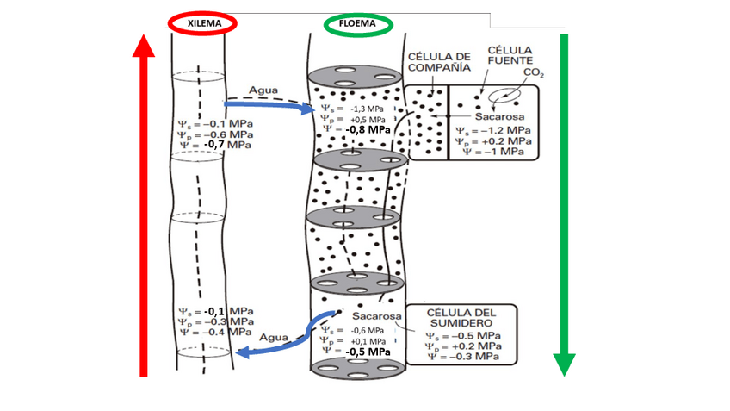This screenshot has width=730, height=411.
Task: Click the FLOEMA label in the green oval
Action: coord(358,24)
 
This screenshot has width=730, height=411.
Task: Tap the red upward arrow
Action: coord(145,207)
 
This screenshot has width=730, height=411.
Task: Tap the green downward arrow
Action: coord(564,207)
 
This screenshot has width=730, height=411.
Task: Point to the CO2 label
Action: coord(534,74)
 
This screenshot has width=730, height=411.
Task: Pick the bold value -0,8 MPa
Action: coord(368,130)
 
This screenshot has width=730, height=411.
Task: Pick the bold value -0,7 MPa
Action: coord(228,145)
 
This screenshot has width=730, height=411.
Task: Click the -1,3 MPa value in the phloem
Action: coord(367,109)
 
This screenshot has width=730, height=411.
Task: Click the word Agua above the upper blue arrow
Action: coord(264,90)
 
